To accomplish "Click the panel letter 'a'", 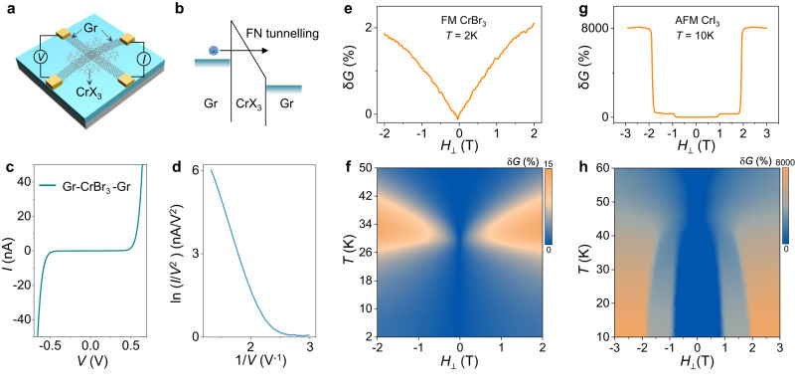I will click(9, 9).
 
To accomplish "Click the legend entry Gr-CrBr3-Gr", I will click(94, 181).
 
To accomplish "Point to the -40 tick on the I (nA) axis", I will click(25, 317).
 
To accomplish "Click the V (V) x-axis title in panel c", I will click(90, 374).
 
